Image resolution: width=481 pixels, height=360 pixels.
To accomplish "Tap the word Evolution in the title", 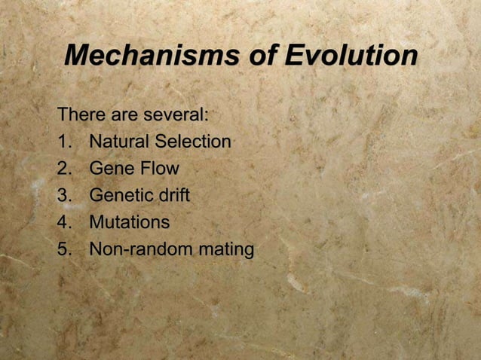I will (x=351, y=55).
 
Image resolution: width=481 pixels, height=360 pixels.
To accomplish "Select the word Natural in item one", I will (x=118, y=142).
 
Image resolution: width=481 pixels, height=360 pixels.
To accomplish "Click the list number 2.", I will (x=64, y=169).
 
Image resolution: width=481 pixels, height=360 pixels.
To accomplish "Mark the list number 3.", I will (x=64, y=196).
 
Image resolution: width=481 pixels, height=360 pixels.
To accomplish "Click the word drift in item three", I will (x=173, y=196).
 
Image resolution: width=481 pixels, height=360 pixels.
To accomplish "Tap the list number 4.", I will (x=64, y=223).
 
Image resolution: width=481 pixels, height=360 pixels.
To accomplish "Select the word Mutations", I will (x=129, y=223).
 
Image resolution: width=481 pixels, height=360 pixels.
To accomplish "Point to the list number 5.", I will (x=64, y=249).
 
